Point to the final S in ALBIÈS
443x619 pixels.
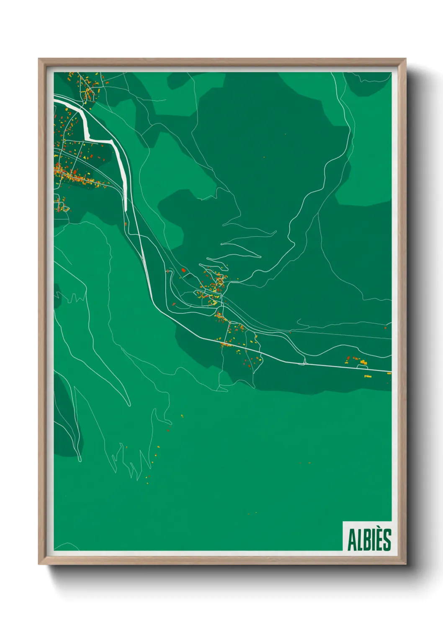pyautogui.click(x=387, y=540)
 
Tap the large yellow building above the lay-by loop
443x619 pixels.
pyautogui.click(x=363, y=362)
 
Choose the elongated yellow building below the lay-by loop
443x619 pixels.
pyautogui.click(x=368, y=376)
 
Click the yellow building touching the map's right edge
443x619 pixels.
pyautogui.click(x=389, y=373)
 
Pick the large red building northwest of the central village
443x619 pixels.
pyautogui.click(x=183, y=271)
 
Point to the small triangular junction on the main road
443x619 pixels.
pyautogui.click(x=304, y=361)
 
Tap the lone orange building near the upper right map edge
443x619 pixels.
pyautogui.click(x=385, y=327)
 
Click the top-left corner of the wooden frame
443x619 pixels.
pyautogui.click(x=39, y=59)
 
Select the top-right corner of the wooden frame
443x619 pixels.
pyautogui.click(x=406, y=59)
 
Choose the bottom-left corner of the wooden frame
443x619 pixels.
pyautogui.click(x=39, y=564)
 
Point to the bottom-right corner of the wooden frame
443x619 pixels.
pyautogui.click(x=406, y=564)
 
